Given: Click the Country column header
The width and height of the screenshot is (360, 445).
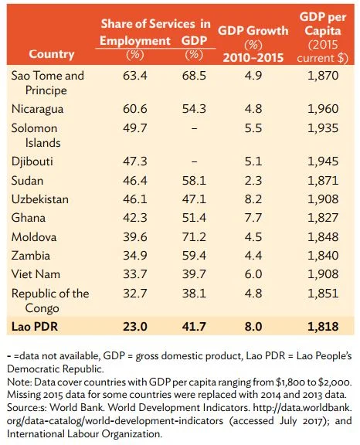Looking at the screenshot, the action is pyautogui.click(x=51, y=54).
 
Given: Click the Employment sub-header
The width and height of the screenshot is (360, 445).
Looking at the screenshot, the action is pyautogui.click(x=135, y=41).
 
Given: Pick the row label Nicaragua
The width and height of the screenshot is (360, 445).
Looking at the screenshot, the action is pyautogui.click(x=37, y=109).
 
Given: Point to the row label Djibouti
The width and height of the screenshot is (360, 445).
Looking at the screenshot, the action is pyautogui.click(x=32, y=161).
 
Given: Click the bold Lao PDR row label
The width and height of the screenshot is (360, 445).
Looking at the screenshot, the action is pyautogui.click(x=35, y=326).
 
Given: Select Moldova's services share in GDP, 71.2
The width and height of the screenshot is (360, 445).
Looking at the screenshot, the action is pyautogui.click(x=194, y=236).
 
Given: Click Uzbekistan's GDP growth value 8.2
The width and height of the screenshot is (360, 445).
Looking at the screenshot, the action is pyautogui.click(x=253, y=199).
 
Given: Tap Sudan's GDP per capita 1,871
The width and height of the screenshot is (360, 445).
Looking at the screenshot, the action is pyautogui.click(x=323, y=181).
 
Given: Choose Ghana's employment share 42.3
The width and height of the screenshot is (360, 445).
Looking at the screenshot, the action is pyautogui.click(x=135, y=218).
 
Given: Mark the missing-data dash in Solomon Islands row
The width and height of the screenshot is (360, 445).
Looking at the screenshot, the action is pyautogui.click(x=194, y=128).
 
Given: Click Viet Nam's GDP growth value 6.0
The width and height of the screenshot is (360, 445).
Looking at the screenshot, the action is pyautogui.click(x=253, y=274).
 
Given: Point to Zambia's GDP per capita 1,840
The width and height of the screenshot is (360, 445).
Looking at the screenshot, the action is pyautogui.click(x=323, y=256).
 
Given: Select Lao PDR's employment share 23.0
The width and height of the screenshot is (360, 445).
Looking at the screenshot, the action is pyautogui.click(x=135, y=326).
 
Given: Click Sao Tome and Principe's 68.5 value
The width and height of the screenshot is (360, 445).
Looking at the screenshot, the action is pyautogui.click(x=194, y=76).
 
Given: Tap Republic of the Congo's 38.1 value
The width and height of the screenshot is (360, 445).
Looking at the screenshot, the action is pyautogui.click(x=194, y=293).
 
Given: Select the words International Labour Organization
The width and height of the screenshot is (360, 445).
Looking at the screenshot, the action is pyautogui.click(x=84, y=433).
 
